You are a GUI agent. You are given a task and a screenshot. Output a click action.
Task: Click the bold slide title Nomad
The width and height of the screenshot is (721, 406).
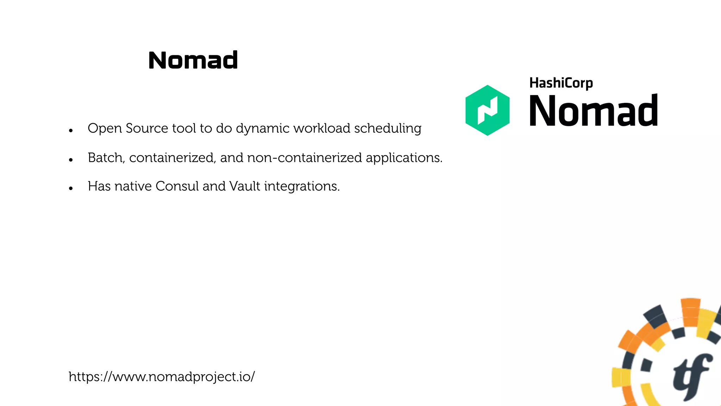click(193, 60)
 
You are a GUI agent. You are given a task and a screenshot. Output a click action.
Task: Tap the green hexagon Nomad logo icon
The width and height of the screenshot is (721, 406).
click(487, 110)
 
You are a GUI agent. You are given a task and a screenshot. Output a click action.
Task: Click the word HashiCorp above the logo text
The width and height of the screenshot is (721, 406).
click(561, 83)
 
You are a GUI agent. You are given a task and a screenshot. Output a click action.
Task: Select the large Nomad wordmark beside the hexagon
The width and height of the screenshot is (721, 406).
click(594, 111)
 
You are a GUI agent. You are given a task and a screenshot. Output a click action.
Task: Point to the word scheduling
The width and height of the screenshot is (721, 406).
click(388, 129)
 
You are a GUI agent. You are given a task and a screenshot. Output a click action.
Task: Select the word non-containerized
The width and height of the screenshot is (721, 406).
click(304, 158)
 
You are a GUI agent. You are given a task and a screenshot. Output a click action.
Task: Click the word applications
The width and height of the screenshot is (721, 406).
click(404, 158)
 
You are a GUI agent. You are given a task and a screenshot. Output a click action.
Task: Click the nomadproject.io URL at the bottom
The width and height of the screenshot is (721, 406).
click(162, 377)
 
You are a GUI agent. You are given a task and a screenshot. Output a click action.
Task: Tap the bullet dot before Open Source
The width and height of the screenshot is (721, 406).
click(71, 131)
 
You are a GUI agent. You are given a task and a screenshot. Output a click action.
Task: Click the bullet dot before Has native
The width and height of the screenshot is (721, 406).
click(71, 189)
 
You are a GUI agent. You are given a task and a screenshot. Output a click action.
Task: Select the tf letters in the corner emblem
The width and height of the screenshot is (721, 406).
click(691, 377)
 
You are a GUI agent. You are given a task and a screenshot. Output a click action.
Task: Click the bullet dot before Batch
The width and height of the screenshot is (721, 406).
click(71, 160)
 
